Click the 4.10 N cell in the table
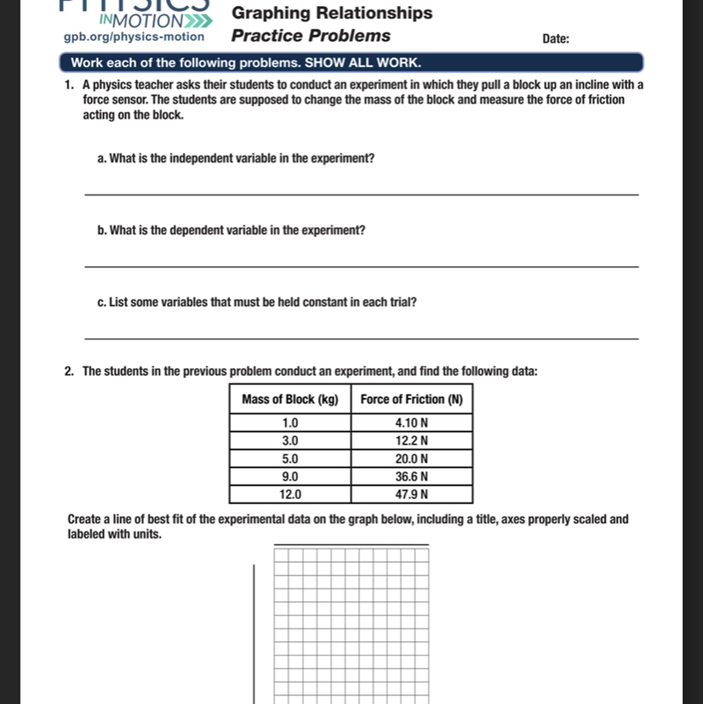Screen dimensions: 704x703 tap(412, 422)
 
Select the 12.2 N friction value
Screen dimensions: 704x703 tap(412, 440)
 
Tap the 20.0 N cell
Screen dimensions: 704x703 tap(412, 458)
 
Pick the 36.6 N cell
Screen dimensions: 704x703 tap(412, 476)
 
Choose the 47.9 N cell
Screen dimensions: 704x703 tap(412, 494)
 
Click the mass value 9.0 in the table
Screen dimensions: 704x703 tap(290, 476)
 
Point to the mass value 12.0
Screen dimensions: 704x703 tap(290, 494)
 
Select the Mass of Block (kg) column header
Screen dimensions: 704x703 tap(290, 400)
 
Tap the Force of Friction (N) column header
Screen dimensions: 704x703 tap(412, 400)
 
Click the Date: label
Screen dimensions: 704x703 tap(556, 39)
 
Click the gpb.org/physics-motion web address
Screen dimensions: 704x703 tap(134, 37)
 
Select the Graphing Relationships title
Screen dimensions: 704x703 tap(332, 13)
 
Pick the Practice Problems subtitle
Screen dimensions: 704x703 tap(311, 36)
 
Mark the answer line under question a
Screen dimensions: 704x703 tap(362, 195)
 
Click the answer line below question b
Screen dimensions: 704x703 tap(362, 267)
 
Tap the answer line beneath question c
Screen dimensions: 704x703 tap(362, 339)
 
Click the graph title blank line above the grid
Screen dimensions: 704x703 tap(351, 544)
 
